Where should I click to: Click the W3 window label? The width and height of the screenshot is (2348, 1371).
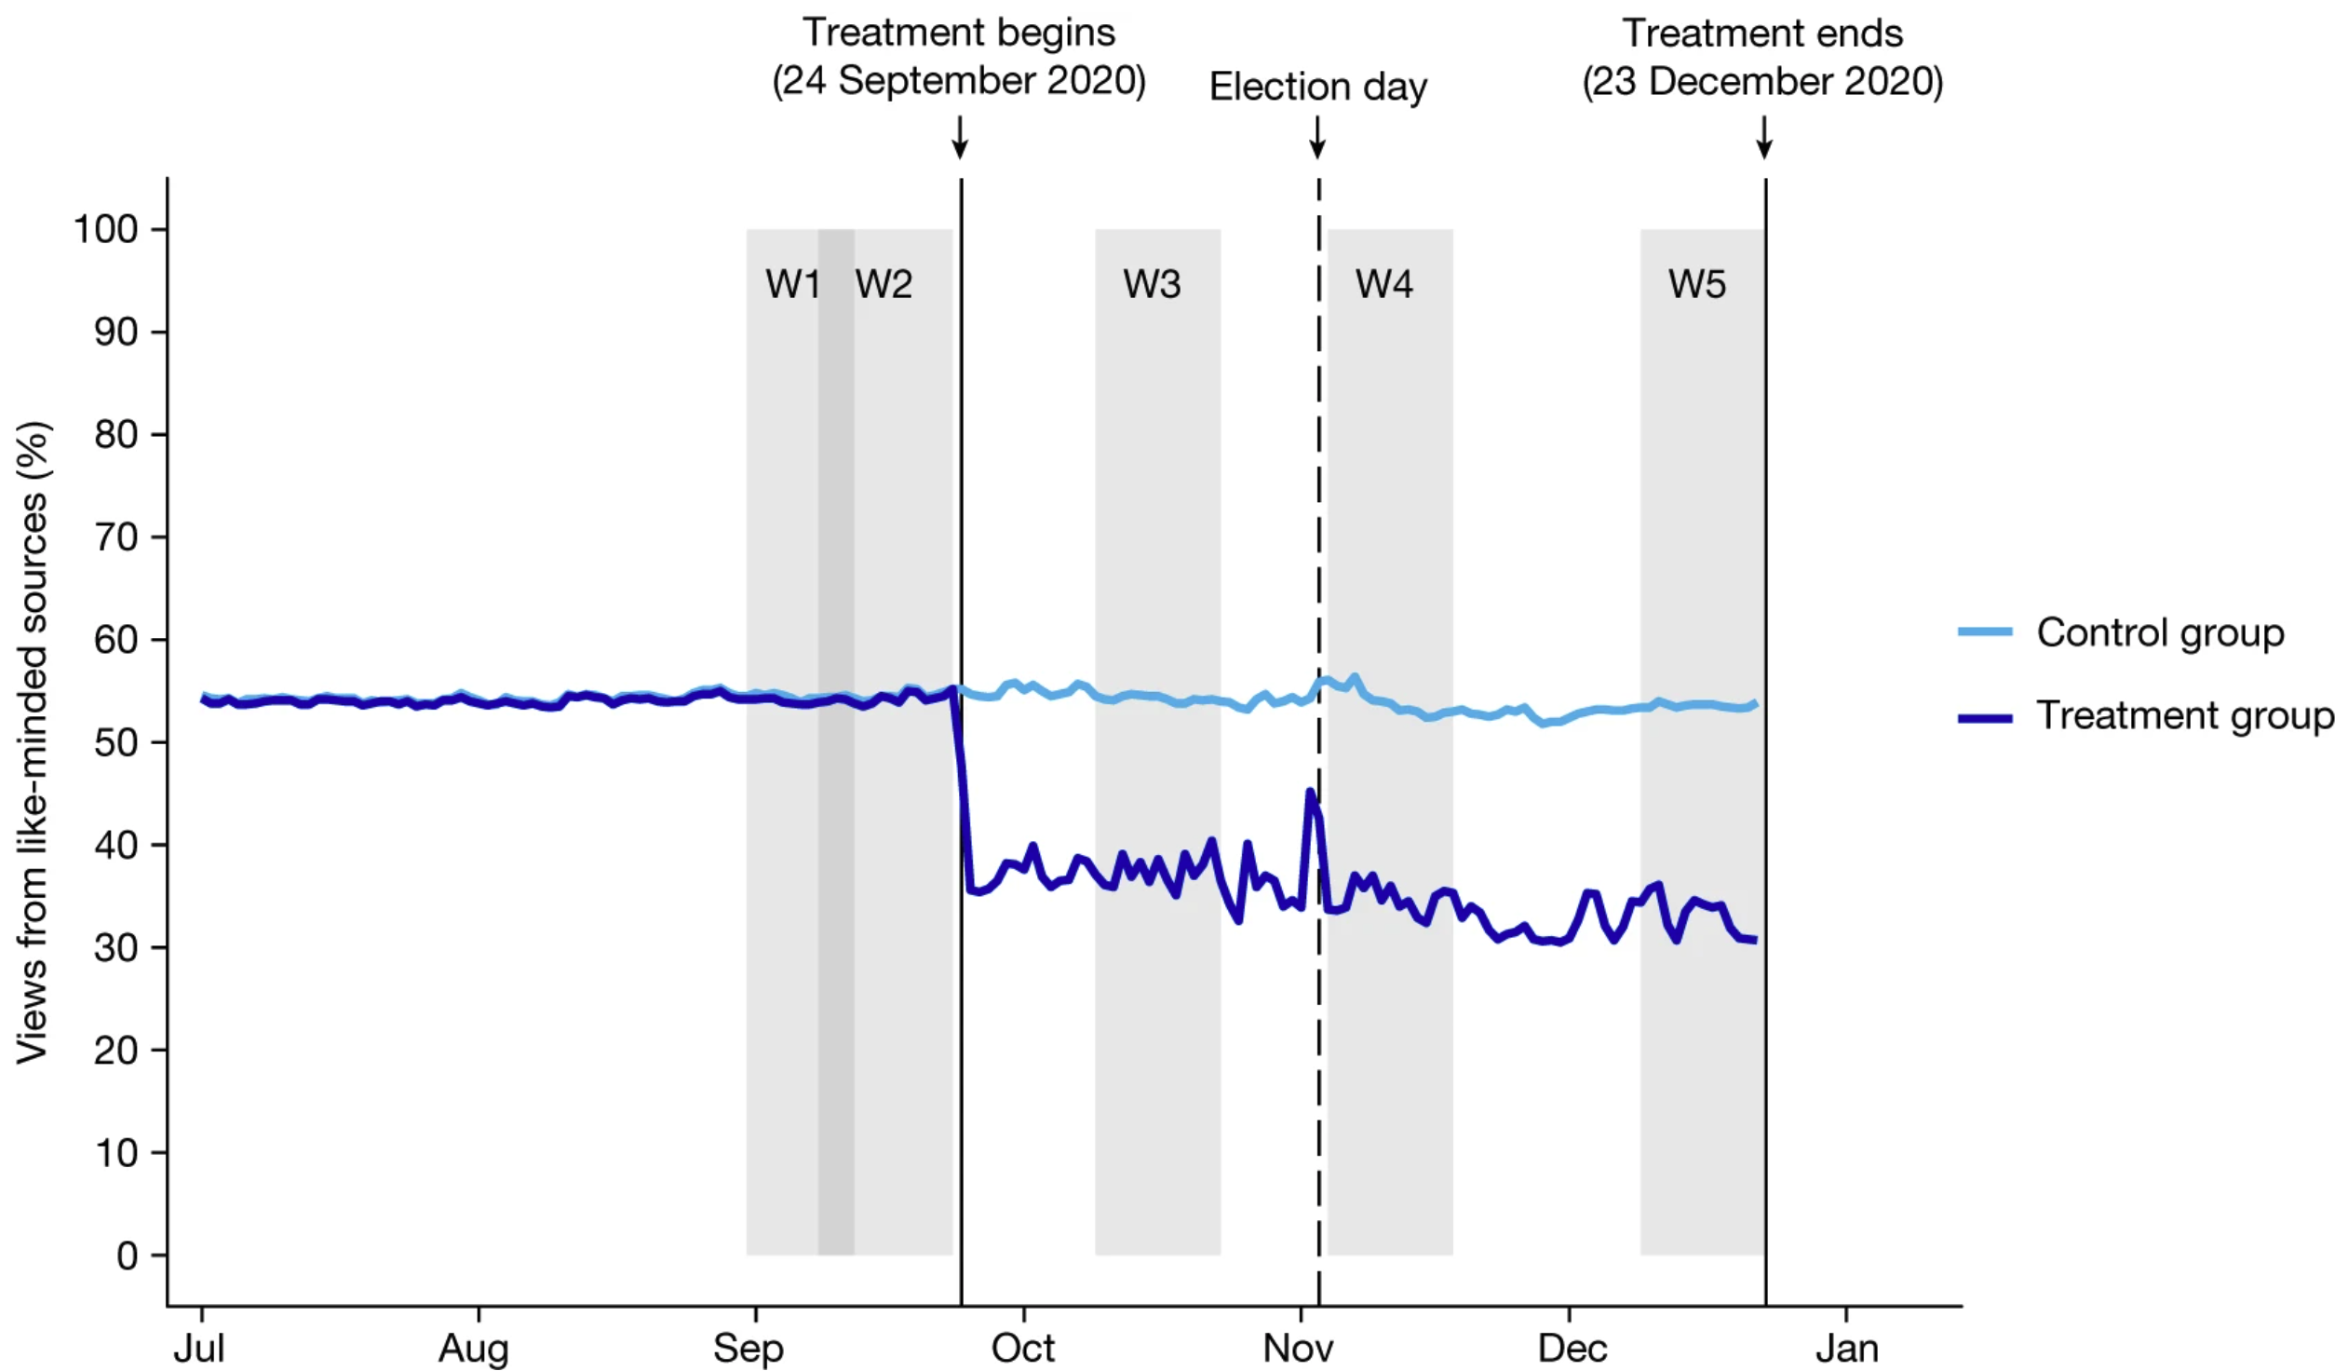point(1152,284)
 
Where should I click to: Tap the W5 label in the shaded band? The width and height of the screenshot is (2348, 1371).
point(1696,284)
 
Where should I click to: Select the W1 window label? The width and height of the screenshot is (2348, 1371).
point(792,284)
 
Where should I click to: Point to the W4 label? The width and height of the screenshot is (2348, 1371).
point(1383,284)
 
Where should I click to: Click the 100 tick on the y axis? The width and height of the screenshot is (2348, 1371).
point(105,229)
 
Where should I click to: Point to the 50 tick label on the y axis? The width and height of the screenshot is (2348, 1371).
point(115,743)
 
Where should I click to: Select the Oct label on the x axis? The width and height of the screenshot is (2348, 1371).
point(1022,1348)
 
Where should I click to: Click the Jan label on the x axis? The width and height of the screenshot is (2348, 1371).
point(1846,1348)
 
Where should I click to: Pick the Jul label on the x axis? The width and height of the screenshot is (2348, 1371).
point(199,1348)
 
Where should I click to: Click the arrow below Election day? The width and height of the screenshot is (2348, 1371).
point(1316,137)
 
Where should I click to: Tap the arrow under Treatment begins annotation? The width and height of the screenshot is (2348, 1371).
point(960,137)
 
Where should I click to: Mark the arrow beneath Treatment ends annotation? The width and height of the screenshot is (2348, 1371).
point(1764,137)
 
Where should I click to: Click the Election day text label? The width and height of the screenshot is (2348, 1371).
point(1317,87)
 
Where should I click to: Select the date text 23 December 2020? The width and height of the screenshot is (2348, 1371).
point(1762,82)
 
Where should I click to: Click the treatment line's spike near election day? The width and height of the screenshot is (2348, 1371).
point(1310,794)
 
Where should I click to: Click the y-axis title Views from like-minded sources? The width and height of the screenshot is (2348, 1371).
point(33,743)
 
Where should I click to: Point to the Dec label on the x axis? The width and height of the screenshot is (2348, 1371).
point(1572,1348)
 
